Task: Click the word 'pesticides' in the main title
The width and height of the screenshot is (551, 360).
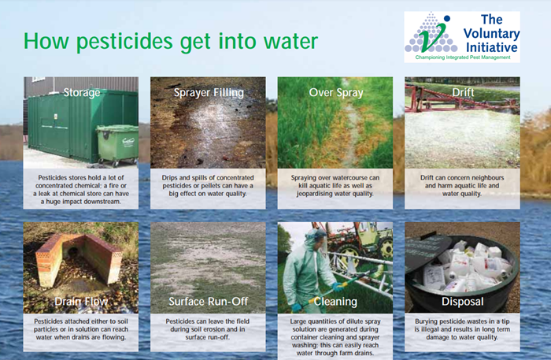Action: [124, 42]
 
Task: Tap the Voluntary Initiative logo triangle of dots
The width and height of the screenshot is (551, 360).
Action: [431, 33]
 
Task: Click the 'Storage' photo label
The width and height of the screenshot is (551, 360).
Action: [82, 92]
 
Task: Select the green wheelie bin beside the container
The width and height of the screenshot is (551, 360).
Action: [117, 145]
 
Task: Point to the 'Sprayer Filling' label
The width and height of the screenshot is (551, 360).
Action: [209, 92]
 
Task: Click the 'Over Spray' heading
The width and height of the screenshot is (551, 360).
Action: [336, 92]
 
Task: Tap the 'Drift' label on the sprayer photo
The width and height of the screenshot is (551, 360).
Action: [463, 92]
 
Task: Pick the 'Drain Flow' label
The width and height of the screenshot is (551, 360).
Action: [81, 301]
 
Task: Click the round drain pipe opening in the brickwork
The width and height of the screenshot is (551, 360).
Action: [73, 252]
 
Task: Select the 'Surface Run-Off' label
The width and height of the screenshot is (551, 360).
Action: [209, 301]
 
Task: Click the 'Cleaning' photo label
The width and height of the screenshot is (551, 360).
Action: [335, 302]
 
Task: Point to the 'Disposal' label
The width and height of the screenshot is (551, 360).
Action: [463, 302]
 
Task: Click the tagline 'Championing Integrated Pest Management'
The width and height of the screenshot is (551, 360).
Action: [463, 58]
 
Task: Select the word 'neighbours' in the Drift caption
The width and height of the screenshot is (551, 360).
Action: [486, 178]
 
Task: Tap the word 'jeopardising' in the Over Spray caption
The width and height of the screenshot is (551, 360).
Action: [314, 194]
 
